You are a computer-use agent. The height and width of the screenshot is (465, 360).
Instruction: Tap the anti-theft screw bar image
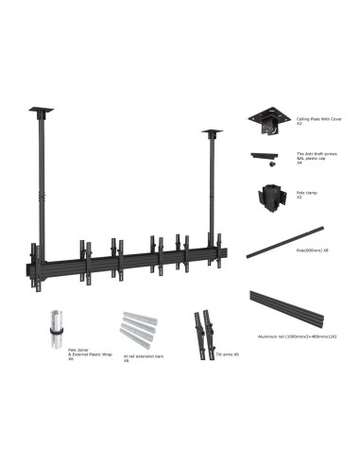coord(268,155)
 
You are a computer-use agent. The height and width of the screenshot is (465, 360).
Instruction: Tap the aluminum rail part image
coord(293,308)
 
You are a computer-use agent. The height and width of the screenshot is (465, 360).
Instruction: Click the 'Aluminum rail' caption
coord(306,336)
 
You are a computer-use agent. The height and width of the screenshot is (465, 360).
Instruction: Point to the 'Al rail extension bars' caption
coord(141,357)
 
